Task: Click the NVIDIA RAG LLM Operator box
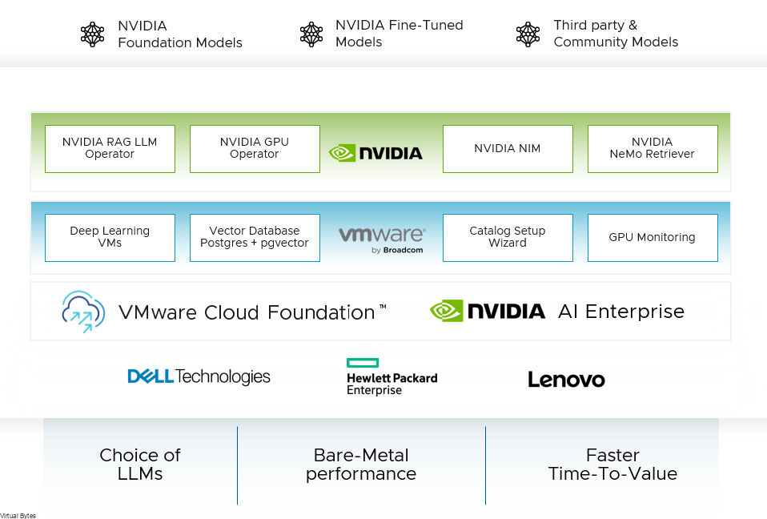[110, 148]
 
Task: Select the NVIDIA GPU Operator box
[255, 148]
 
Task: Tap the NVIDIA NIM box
[508, 148]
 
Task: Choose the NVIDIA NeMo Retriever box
[653, 148]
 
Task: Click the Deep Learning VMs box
[110, 237]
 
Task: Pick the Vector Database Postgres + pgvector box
[255, 237]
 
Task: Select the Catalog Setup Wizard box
[508, 237]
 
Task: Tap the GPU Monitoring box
[653, 237]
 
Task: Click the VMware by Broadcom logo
[382, 239]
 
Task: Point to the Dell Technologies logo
[199, 376]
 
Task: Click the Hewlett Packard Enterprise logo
[392, 377]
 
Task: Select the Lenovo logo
[566, 380]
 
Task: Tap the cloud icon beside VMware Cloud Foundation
[83, 312]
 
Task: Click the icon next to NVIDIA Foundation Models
[93, 34]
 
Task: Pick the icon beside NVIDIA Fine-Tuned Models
[311, 34]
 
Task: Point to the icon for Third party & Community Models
[528, 34]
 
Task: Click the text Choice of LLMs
[140, 465]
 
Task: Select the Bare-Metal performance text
[361, 465]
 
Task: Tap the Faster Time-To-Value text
[612, 465]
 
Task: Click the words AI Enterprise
[621, 312]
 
